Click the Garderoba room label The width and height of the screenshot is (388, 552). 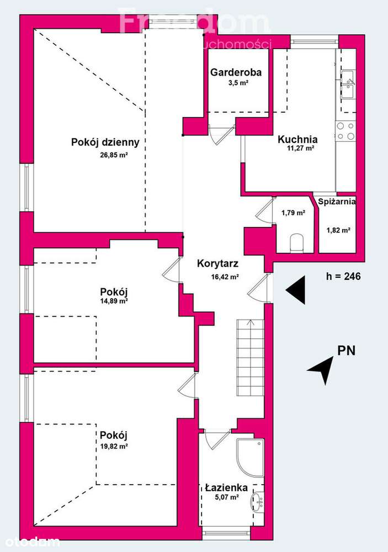click(236, 72)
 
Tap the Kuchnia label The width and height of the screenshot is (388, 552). click(297, 139)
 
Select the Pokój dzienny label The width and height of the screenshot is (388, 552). click(105, 142)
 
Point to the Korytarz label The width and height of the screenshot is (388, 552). click(217, 264)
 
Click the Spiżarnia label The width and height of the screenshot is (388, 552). click(337, 202)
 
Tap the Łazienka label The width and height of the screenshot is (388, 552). click(226, 487)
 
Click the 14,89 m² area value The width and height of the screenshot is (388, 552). click(114, 301)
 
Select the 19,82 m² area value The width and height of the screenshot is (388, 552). click(114, 447)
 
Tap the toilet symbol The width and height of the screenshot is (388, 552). click(297, 242)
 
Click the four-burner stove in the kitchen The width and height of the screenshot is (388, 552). click(346, 131)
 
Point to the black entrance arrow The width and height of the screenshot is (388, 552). click(296, 289)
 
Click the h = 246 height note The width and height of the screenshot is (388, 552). click(343, 277)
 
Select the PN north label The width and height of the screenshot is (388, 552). click(347, 350)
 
